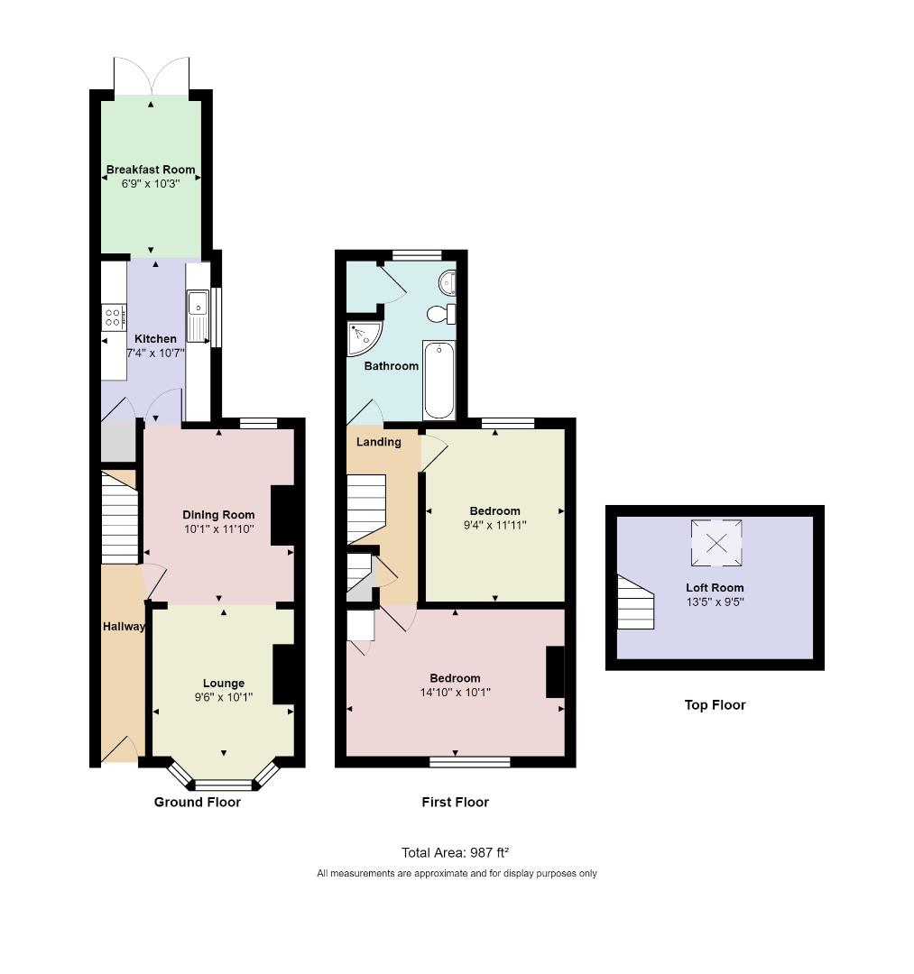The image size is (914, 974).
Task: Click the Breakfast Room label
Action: [x=151, y=170]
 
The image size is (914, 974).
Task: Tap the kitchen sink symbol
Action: [x=197, y=316]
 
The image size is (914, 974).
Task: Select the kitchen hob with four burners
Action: [x=115, y=317]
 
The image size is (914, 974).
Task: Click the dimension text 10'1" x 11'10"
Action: [x=218, y=528]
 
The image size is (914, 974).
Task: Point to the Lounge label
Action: [x=224, y=683]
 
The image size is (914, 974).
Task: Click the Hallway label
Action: [x=124, y=626]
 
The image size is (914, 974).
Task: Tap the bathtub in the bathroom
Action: [x=439, y=380]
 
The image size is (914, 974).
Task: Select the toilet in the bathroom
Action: [x=440, y=314]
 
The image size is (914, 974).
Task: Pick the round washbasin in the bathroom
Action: [x=448, y=283]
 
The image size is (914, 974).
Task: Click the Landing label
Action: [x=379, y=442]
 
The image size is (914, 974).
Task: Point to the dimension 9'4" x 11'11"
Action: [x=494, y=524]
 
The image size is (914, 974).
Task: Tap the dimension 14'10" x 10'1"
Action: [x=455, y=692]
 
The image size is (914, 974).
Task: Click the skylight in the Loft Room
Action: [x=716, y=543]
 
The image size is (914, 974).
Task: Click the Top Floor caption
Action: [x=715, y=705]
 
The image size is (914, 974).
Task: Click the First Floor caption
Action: [x=455, y=802]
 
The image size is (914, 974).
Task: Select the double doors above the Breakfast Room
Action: [x=152, y=76]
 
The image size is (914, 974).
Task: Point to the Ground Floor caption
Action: [x=197, y=802]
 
